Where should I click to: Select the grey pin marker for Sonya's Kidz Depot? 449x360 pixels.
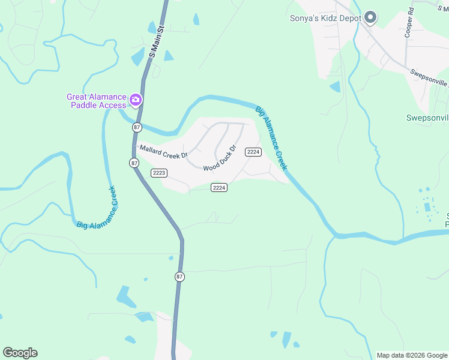[x=371, y=18]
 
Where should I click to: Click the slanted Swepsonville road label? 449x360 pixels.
[x=430, y=79]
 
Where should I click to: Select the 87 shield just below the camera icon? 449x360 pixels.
[x=137, y=127]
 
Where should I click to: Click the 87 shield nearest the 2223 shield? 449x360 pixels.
[x=133, y=163]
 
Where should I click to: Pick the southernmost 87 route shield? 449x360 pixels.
[x=179, y=277]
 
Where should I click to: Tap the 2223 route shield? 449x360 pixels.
[x=159, y=173]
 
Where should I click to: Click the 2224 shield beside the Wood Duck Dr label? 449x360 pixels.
[x=253, y=152]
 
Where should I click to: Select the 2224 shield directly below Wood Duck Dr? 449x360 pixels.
[x=219, y=188]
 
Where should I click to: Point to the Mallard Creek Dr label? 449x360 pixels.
[x=163, y=151]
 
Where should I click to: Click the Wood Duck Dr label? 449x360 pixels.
[x=220, y=158]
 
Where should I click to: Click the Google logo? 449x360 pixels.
[x=20, y=353]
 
